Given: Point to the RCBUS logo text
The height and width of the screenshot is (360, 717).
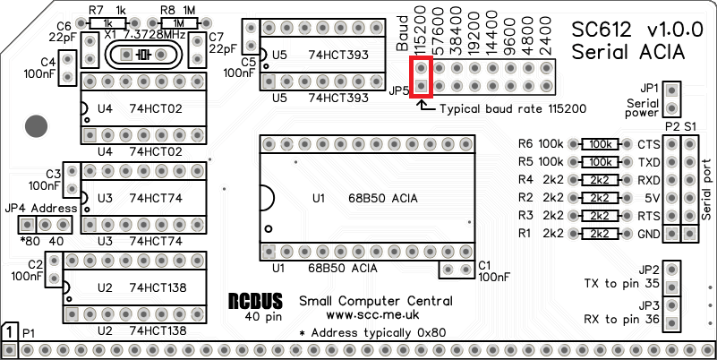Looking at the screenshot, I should (255, 302).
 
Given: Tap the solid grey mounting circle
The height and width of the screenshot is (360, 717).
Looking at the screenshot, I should (36, 126).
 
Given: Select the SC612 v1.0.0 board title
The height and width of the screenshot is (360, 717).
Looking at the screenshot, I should (629, 30).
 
